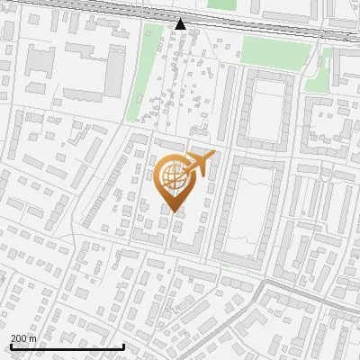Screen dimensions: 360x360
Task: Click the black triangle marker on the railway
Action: [x=181, y=24]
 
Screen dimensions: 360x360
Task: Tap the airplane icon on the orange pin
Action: [x=200, y=164]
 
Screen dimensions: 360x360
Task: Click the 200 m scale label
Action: [x=23, y=337]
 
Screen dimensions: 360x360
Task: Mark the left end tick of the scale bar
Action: [x=11, y=346]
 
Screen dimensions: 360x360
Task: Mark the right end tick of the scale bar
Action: [x=123, y=346]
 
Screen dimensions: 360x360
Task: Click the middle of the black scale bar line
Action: [x=67, y=346]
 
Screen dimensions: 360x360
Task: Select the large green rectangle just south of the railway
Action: [x=275, y=51]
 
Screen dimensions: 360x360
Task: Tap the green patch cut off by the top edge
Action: [x=221, y=4]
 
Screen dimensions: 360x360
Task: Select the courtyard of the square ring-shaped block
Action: [x=265, y=114]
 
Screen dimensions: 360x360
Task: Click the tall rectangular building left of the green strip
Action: [x=114, y=72]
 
